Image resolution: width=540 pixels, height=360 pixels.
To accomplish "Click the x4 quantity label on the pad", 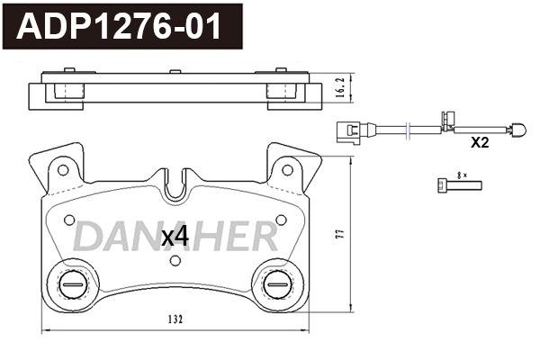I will pyautogui.click(x=174, y=237).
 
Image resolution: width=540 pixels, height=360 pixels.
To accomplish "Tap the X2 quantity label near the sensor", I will pyautogui.click(x=479, y=142).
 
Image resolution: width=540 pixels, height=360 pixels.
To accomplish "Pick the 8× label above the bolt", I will pyautogui.click(x=463, y=174).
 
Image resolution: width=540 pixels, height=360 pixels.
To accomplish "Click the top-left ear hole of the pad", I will pyautogui.click(x=62, y=168).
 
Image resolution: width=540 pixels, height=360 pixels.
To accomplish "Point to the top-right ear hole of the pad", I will pyautogui.click(x=288, y=168).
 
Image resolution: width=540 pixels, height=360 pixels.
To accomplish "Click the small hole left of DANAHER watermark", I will pyautogui.click(x=68, y=218).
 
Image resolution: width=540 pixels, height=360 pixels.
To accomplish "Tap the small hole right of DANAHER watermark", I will pyautogui.click(x=282, y=219).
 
